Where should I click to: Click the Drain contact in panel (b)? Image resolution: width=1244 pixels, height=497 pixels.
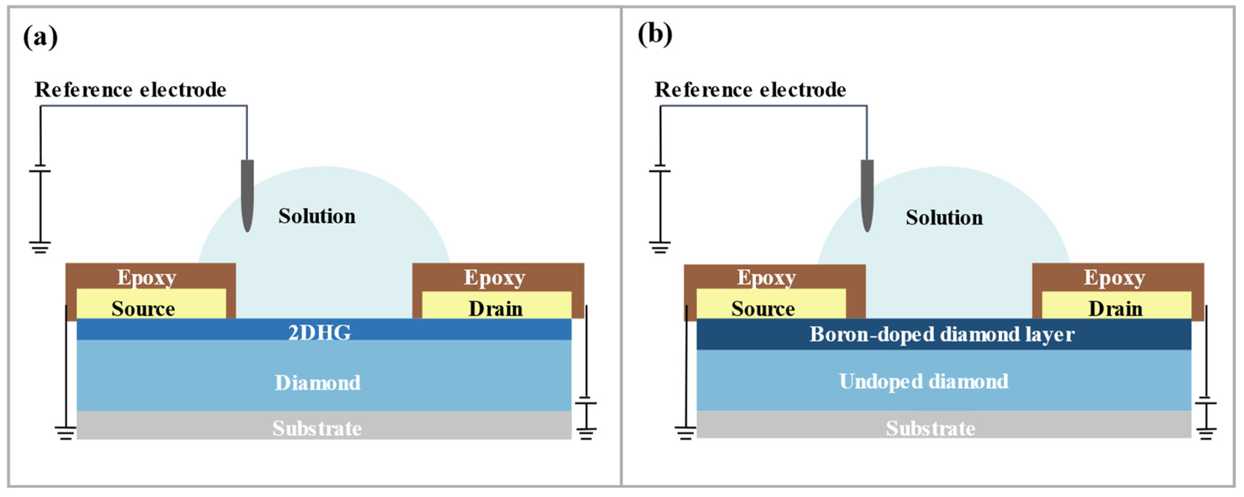click(1115, 309)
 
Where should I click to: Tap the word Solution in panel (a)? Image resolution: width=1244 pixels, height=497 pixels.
click(317, 216)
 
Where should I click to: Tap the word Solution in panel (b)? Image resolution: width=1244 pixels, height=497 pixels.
click(944, 218)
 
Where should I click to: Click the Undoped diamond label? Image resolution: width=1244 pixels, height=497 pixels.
click(923, 382)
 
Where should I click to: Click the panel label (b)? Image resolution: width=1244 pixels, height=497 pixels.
click(655, 35)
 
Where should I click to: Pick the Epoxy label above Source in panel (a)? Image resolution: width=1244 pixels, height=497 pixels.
click(146, 277)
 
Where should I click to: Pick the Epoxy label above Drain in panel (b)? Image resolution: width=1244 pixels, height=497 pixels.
click(1114, 277)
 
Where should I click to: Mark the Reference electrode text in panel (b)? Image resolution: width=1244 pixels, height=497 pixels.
click(750, 90)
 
